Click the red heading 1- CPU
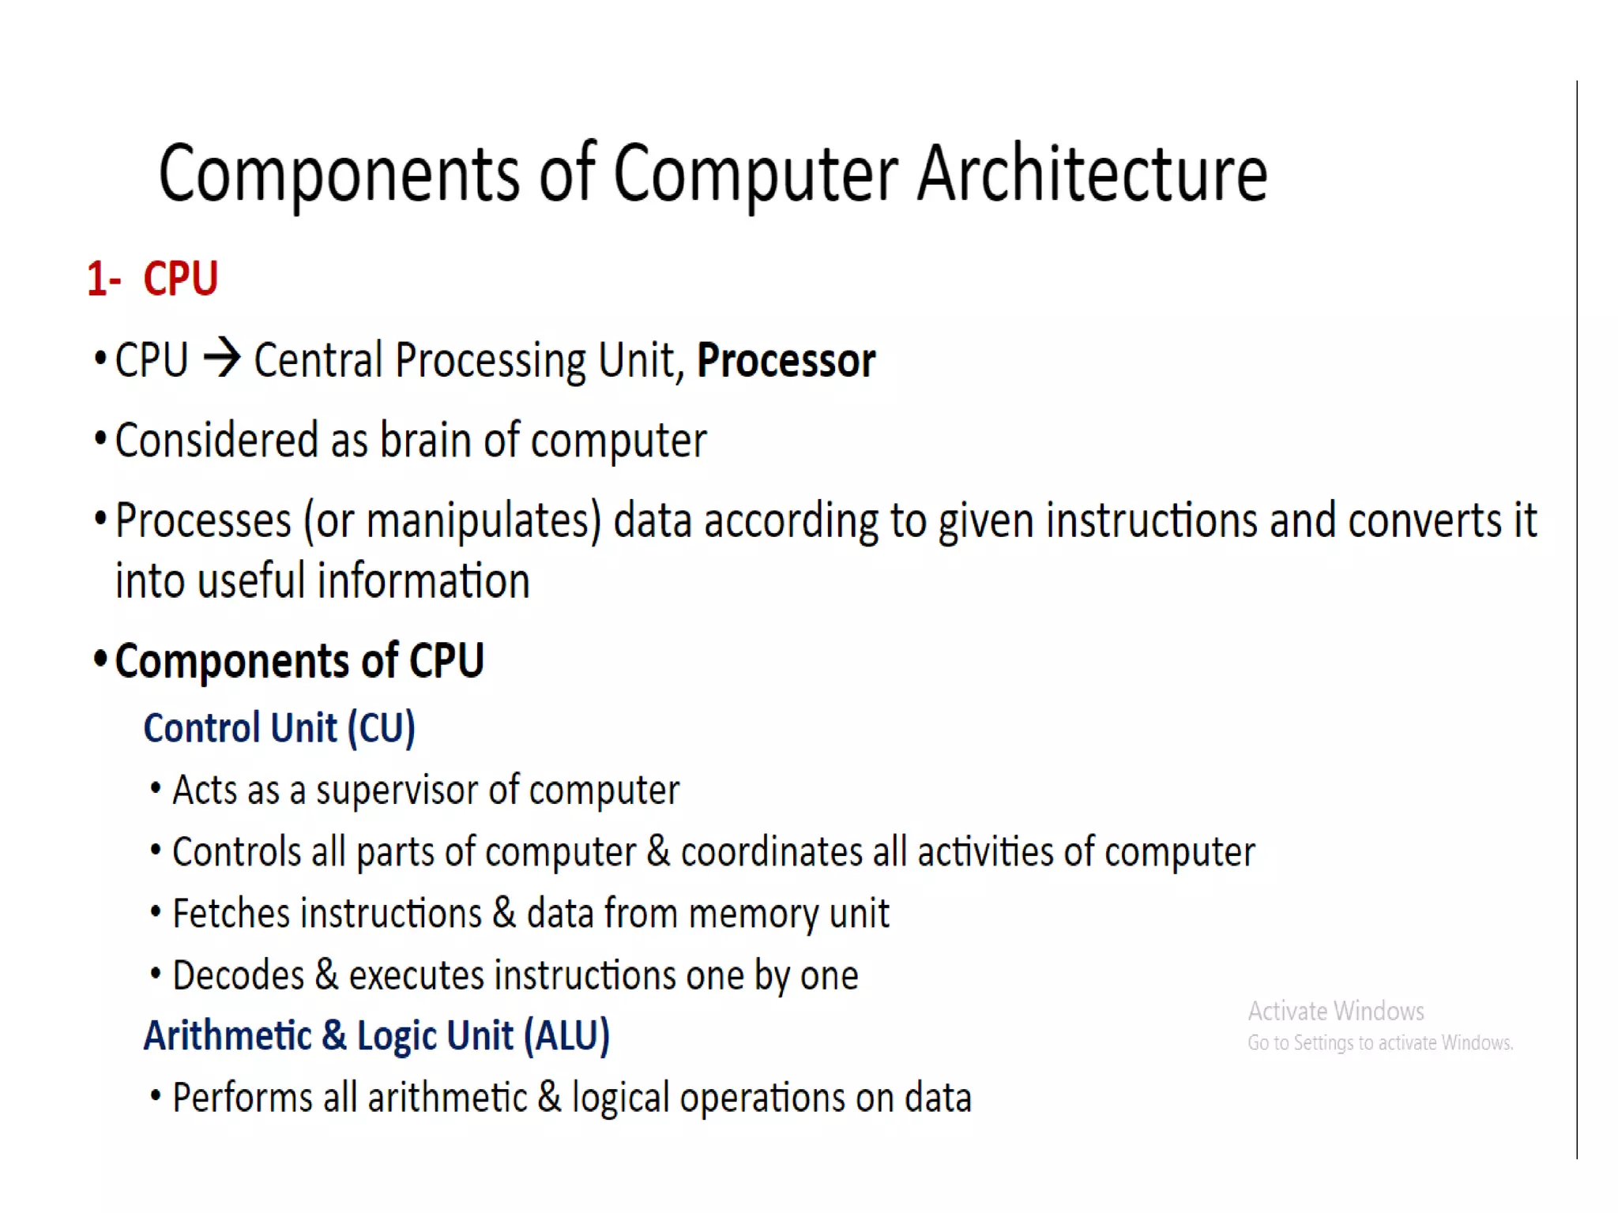pos(152,280)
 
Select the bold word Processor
pos(786,361)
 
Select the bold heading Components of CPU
pos(299,661)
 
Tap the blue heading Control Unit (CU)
pos(279,728)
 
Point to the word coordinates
pos(770,852)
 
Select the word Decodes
pos(238,975)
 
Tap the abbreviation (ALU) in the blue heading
pos(567,1036)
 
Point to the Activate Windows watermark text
pos(1336,1012)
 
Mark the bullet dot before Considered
pos(100,438)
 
